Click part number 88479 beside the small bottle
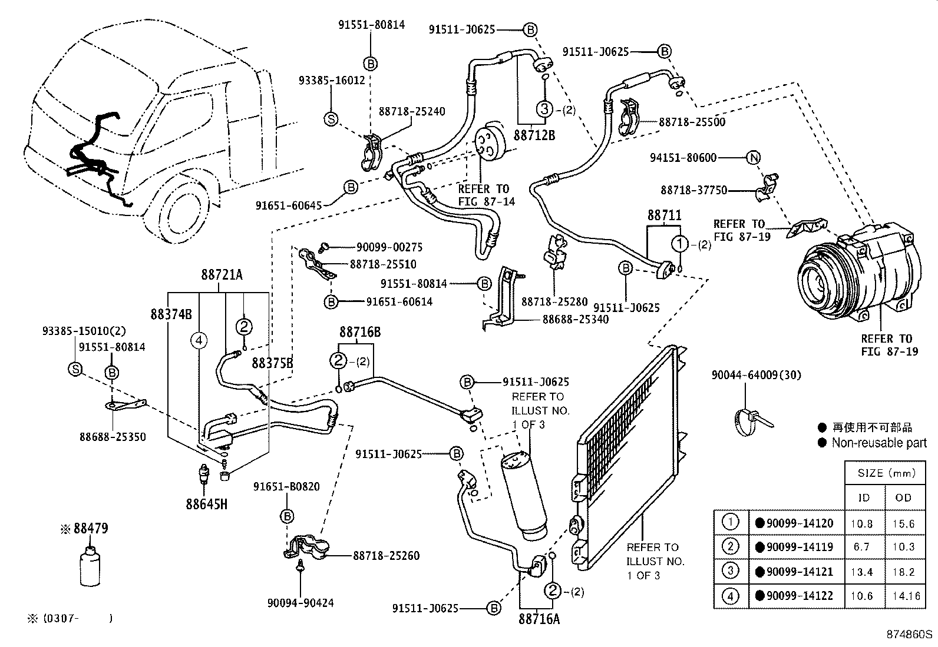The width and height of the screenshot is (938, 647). (x=91, y=529)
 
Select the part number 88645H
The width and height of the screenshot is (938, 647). (x=206, y=505)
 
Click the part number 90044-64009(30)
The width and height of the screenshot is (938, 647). (x=756, y=374)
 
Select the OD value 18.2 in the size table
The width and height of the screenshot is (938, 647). (x=903, y=572)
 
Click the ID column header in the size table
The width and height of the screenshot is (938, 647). (x=864, y=497)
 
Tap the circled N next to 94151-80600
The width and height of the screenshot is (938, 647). (x=754, y=158)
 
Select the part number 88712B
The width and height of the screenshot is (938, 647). (x=534, y=135)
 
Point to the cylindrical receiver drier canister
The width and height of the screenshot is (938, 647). (x=523, y=495)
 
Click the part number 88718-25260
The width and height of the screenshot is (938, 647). (x=387, y=555)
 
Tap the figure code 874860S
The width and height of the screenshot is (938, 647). (x=910, y=635)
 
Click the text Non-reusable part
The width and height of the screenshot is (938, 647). (x=878, y=443)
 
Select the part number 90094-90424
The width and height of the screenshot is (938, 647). (x=300, y=603)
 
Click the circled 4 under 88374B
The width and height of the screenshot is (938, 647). (x=199, y=340)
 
